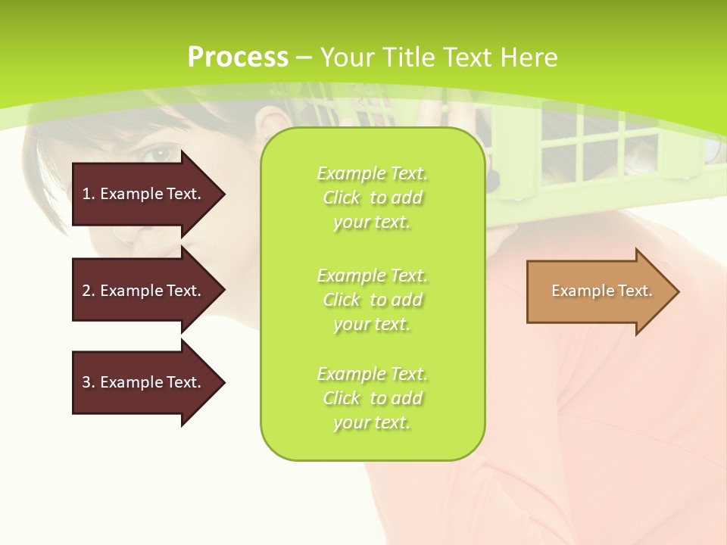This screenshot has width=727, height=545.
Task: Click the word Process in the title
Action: click(x=238, y=58)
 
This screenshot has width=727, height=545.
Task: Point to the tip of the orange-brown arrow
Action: click(x=678, y=291)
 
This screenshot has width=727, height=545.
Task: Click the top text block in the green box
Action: click(x=373, y=198)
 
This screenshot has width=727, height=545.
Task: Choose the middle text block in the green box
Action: click(x=373, y=300)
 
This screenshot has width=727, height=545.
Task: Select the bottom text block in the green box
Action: click(x=373, y=398)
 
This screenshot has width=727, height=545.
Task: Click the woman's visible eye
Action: click(x=161, y=154)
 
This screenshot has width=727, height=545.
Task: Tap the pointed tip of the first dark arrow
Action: click(x=223, y=194)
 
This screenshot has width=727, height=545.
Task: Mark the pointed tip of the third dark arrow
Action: click(x=223, y=382)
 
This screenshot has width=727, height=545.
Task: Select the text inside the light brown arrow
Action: click(x=602, y=291)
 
